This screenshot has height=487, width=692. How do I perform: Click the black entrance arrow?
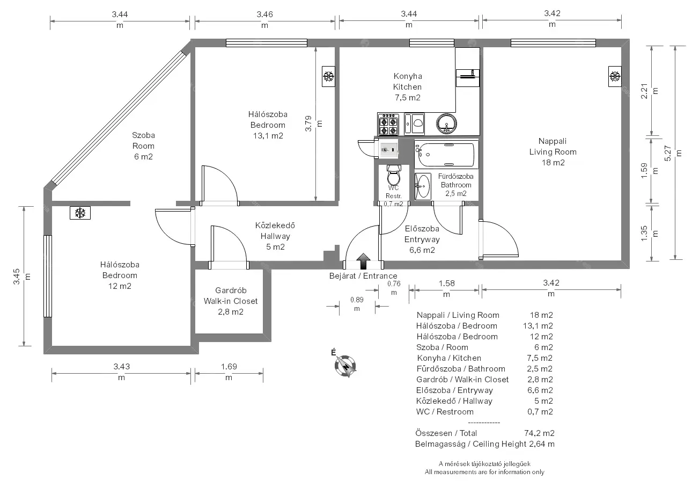(x=363, y=261)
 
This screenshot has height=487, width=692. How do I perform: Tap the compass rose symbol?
(x=345, y=366)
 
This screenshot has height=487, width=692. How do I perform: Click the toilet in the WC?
(x=394, y=176)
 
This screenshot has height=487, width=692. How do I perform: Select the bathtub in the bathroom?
(x=446, y=155)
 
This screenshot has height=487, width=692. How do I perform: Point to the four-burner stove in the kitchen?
(x=388, y=125)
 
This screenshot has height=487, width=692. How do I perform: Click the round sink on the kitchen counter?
(x=446, y=123)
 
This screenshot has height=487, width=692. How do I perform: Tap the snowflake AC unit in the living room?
(x=615, y=76)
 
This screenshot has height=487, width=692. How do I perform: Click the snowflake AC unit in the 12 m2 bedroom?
(x=80, y=213)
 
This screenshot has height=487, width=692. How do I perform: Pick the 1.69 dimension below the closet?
(x=229, y=372)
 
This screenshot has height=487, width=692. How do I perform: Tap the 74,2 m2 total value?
(x=540, y=433)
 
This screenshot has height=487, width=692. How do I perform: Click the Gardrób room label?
(x=231, y=290)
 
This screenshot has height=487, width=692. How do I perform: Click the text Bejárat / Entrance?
(x=363, y=276)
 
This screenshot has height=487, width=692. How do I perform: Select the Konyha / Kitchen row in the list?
(x=484, y=358)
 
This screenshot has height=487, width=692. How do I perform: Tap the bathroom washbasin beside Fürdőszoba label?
(x=423, y=186)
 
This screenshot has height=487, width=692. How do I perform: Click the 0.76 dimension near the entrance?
(x=394, y=288)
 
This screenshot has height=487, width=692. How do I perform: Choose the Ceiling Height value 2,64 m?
(x=542, y=444)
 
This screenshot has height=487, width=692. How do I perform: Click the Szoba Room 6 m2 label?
(x=143, y=146)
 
